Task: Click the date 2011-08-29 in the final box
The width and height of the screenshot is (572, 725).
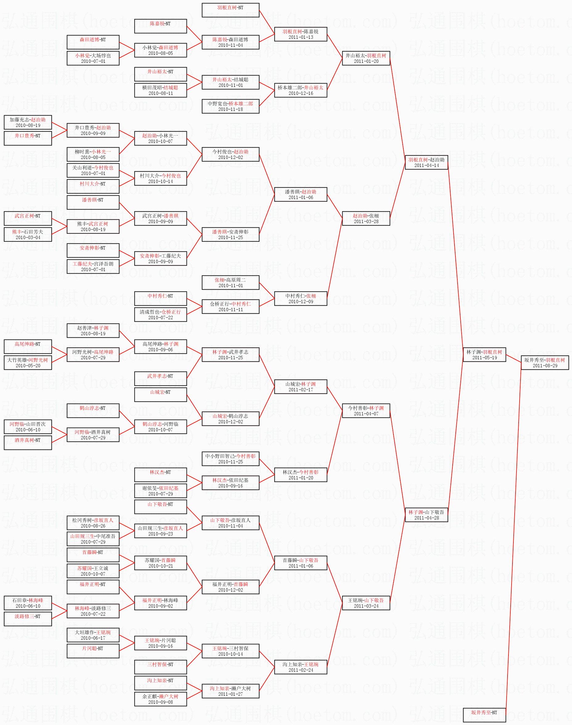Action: click(x=545, y=366)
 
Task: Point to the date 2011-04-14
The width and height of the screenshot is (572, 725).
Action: click(x=426, y=165)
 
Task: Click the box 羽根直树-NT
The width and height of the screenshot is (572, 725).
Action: click(x=230, y=10)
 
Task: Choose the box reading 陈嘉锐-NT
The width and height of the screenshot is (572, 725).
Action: click(x=160, y=26)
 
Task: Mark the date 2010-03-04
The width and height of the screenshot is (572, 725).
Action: click(x=28, y=237)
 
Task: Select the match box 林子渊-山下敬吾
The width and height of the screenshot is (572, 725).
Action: click(x=426, y=515)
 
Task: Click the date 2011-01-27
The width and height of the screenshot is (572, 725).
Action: click(x=230, y=694)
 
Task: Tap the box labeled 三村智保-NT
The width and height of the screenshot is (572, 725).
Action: click(x=160, y=667)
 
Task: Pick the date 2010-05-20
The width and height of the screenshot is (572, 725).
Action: click(x=28, y=366)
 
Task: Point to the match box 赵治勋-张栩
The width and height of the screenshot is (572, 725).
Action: click(x=366, y=218)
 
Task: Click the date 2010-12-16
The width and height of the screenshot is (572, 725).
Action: click(x=301, y=93)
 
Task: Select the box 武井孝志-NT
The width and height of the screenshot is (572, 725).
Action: click(x=160, y=379)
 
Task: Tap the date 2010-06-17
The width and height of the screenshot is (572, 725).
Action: click(x=93, y=638)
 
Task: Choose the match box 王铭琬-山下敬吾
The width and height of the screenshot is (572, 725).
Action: click(x=366, y=603)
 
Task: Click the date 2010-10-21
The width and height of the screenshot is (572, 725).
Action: click(x=160, y=566)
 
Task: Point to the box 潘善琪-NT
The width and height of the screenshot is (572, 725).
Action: click(x=93, y=202)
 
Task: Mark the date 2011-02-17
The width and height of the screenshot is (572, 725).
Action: click(x=301, y=389)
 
